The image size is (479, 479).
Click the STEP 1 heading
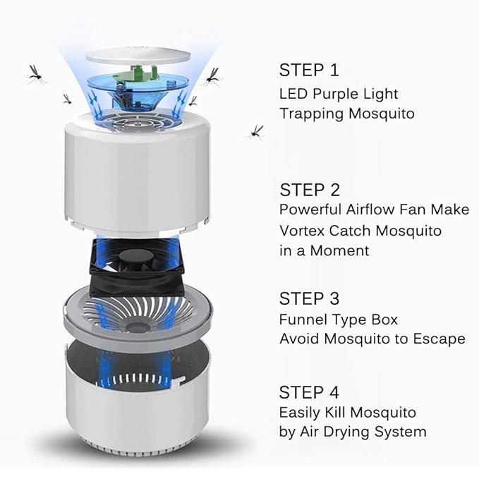pyautogui.click(x=309, y=70)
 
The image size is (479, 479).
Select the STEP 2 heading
pyautogui.click(x=310, y=189)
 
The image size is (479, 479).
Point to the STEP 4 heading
pyautogui.click(x=310, y=392)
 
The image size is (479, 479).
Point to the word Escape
pyautogui.click(x=442, y=339)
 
